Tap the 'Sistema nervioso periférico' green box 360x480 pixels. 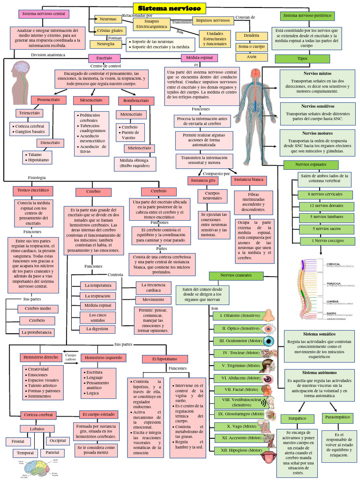307,16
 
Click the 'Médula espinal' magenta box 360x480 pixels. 200,58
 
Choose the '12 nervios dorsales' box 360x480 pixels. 326,206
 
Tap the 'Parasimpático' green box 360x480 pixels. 336,416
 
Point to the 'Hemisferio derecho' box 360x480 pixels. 41,357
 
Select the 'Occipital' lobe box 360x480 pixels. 58,441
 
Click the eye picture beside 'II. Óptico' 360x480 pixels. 269,329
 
